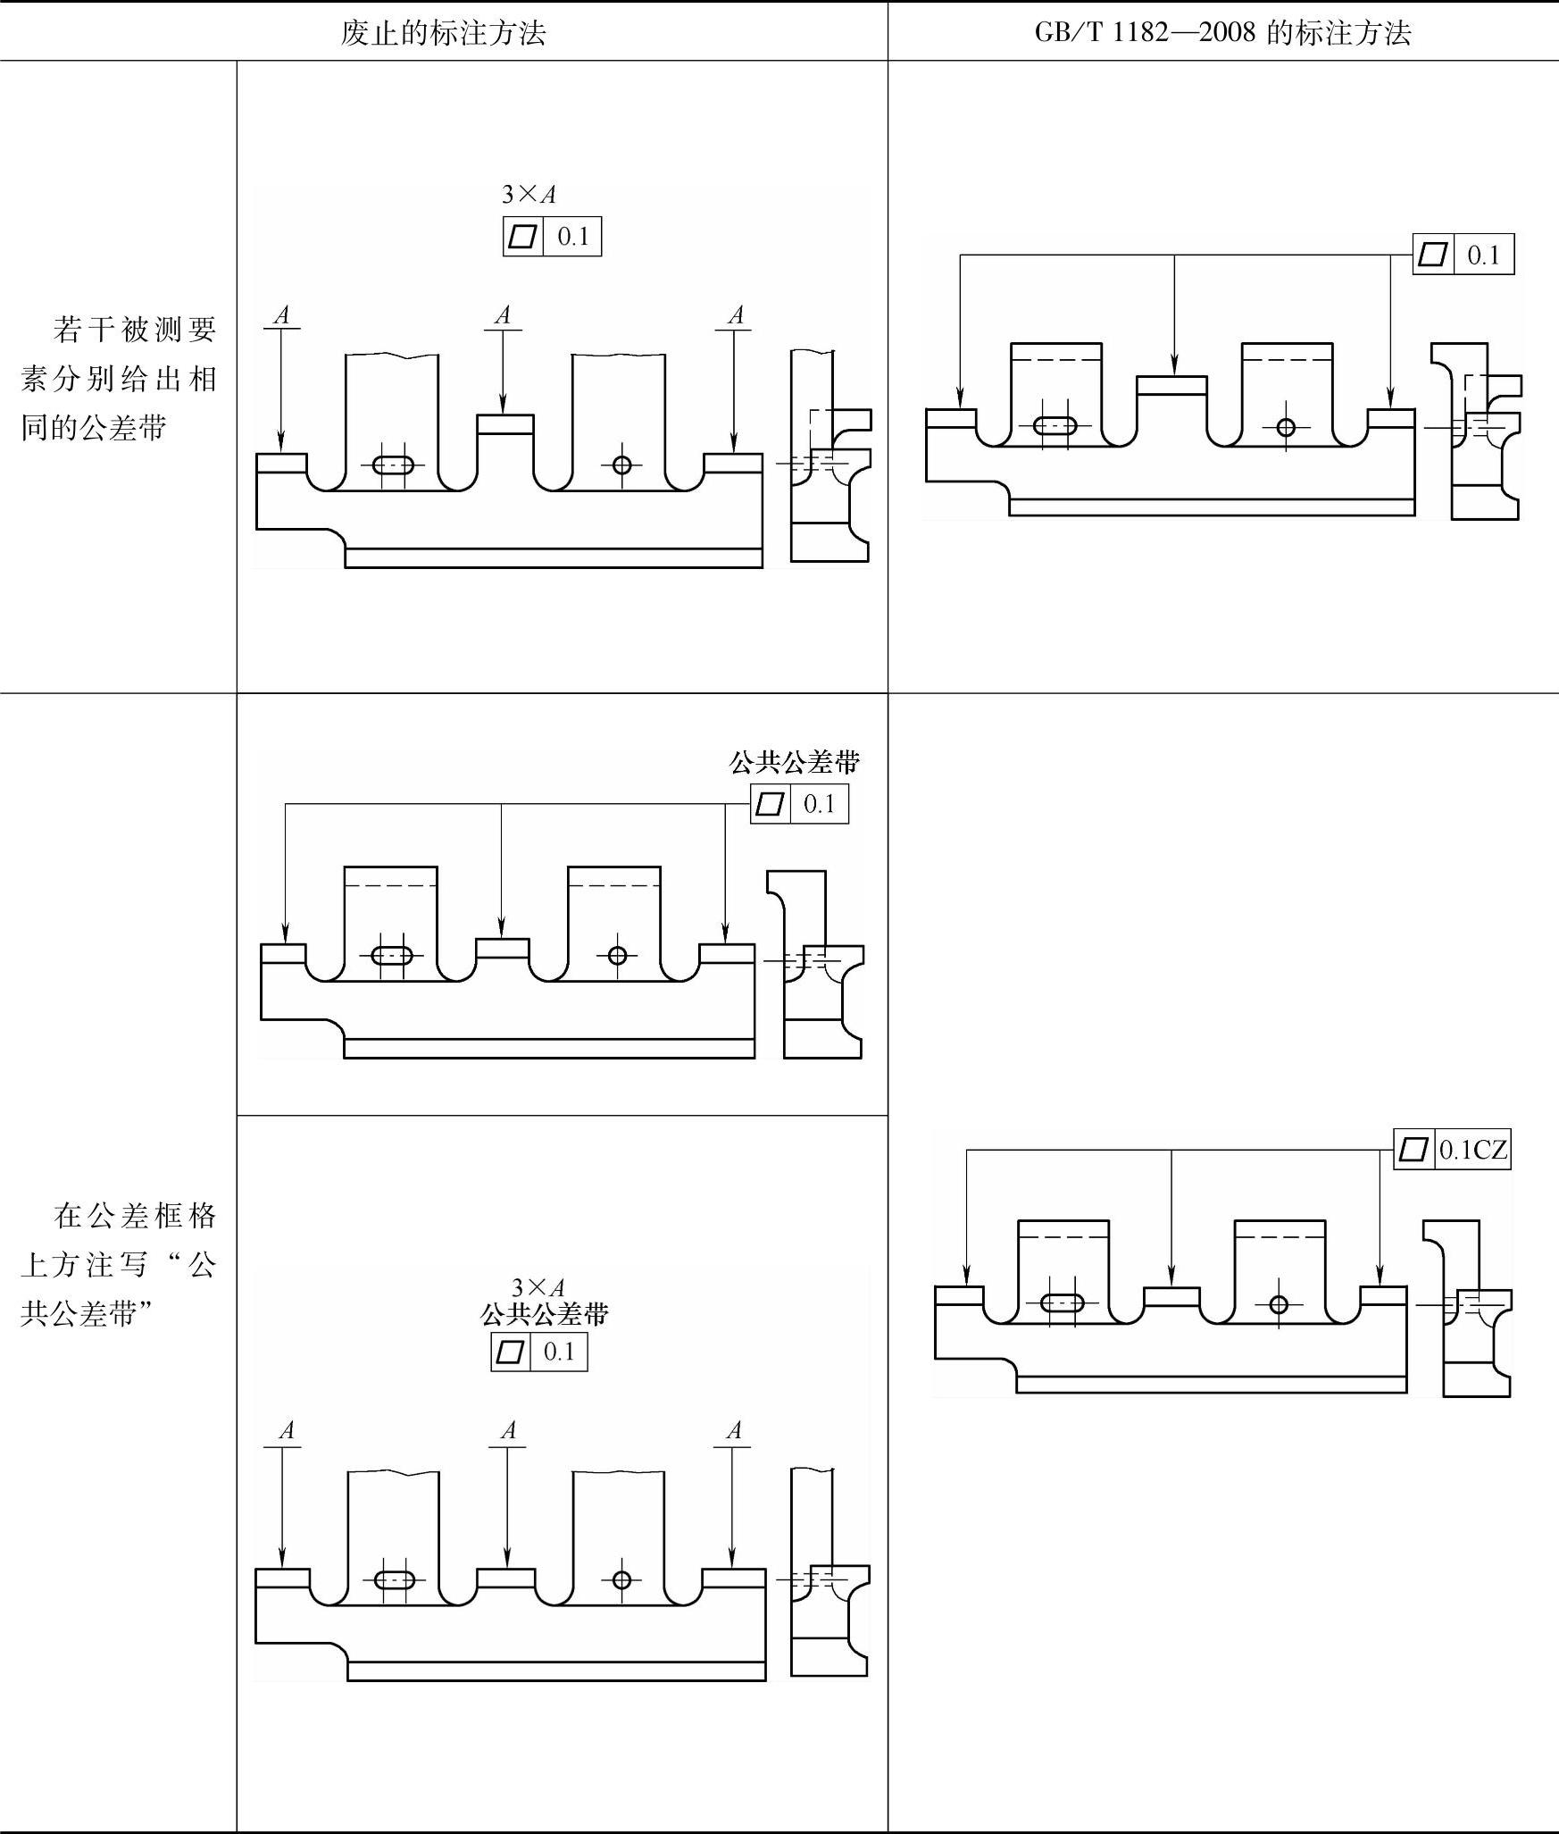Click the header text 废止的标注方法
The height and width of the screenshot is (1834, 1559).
click(x=443, y=34)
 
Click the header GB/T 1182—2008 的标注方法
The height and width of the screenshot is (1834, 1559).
click(x=1222, y=34)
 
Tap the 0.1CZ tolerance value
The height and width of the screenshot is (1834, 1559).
click(x=1472, y=1150)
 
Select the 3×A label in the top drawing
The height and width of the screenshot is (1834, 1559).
click(x=529, y=194)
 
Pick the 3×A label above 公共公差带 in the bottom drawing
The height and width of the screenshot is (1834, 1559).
click(x=538, y=1287)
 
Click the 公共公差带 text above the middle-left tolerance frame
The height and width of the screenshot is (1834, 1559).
click(x=795, y=762)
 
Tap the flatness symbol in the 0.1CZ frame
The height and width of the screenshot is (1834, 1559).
click(x=1413, y=1150)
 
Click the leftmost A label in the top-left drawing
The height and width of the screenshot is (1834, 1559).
click(x=282, y=315)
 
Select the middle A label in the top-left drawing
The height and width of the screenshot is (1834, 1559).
click(x=503, y=315)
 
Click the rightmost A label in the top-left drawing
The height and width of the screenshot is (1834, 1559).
click(x=735, y=315)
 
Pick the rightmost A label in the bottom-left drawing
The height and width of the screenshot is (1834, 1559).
click(x=734, y=1430)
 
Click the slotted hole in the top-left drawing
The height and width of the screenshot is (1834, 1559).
click(x=393, y=465)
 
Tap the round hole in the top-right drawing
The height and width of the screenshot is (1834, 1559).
click(x=1286, y=427)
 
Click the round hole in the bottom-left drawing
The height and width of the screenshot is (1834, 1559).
click(x=621, y=1580)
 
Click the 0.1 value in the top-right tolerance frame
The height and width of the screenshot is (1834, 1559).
click(x=1483, y=255)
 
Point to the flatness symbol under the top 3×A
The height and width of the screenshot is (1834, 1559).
click(x=523, y=237)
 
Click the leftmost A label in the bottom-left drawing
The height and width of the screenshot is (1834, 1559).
click(x=286, y=1430)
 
